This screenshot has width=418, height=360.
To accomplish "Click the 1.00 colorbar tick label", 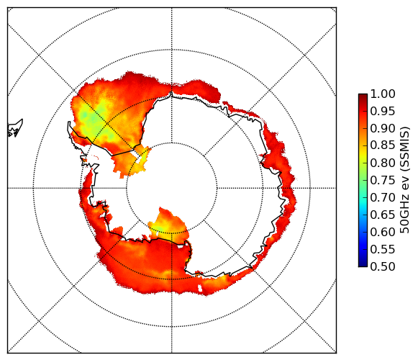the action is tap(383, 94).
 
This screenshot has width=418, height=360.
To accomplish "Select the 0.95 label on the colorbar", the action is tap(383, 112).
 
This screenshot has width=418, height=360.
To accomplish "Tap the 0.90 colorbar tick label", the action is tap(383, 128).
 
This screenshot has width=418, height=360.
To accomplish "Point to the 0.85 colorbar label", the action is tap(383, 145).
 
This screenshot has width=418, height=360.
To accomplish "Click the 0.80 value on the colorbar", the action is tap(383, 163).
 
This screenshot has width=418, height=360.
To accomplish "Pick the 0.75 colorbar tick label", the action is tap(383, 180).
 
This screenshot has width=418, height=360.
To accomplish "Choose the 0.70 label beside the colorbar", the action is tap(383, 197).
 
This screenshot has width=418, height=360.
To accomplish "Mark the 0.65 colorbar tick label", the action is tap(383, 215).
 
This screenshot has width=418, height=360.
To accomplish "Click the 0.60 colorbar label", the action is tap(383, 232).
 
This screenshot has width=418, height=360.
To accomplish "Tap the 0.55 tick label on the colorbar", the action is tap(383, 249).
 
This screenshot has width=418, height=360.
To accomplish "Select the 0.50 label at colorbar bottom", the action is tap(383, 266).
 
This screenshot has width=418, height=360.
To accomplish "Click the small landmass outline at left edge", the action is tap(15, 128).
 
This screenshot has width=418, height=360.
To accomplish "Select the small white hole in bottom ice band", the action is tap(200, 288).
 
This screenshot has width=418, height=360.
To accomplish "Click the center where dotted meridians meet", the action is tap(172, 188).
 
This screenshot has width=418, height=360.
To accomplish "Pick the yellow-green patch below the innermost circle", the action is tap(159, 229).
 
